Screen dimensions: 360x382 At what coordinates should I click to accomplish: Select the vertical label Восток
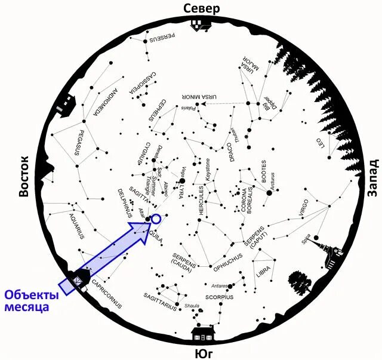[x=24, y=177]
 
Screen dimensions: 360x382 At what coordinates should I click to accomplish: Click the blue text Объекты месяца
[x=32, y=301]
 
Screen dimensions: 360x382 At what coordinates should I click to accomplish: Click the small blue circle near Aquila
[x=156, y=219]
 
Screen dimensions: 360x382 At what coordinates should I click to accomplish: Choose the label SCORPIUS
[x=218, y=297]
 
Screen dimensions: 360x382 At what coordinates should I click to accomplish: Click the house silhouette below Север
[x=198, y=24]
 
